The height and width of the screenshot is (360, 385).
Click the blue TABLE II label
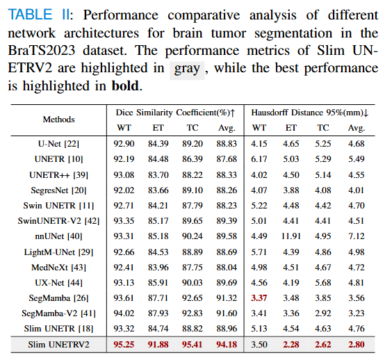39,15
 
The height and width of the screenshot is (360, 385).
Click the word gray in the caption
187,69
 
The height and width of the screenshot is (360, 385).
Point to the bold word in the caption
125,85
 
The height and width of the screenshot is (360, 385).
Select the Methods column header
58,120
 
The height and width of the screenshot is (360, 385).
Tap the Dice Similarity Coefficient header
175,113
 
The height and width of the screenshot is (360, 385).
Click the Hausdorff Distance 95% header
310,113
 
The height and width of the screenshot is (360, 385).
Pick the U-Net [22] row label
58,144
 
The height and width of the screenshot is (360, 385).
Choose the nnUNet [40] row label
58,236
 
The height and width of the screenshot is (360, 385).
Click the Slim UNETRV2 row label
58,345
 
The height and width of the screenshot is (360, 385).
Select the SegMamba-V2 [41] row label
58,313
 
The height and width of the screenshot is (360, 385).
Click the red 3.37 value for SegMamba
259,298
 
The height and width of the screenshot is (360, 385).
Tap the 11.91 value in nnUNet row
291,236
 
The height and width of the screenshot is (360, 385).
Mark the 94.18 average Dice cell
227,345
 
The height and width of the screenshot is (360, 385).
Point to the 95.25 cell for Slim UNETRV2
124,345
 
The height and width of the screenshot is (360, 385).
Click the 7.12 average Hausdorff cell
357,236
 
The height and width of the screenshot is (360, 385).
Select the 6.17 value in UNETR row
259,159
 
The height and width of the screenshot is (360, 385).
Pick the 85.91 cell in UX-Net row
158,283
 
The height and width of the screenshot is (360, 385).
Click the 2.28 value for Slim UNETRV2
291,345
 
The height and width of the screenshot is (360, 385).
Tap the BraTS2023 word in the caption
41,51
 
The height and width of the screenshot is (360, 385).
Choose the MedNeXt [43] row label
58,267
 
